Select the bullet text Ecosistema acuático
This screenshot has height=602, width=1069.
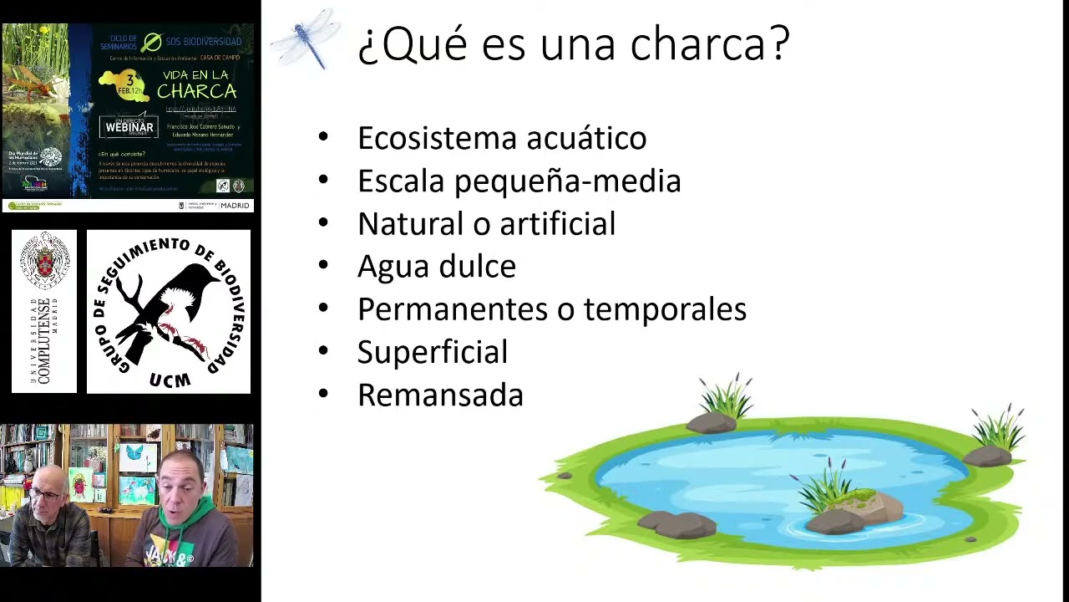[502, 138]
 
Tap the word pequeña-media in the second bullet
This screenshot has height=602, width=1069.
[567, 181]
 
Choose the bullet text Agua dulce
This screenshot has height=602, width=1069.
[437, 267]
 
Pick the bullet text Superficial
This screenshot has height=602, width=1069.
[433, 352]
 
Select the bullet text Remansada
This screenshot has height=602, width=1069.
[440, 395]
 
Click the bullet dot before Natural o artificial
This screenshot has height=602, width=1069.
[324, 223]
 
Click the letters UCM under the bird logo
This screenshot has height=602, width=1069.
[170, 380]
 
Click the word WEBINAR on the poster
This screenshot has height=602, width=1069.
[129, 128]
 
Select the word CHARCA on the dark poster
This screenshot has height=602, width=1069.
[196, 91]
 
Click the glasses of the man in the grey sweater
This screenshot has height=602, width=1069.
[47, 496]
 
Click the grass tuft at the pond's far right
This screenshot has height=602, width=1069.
[998, 428]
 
